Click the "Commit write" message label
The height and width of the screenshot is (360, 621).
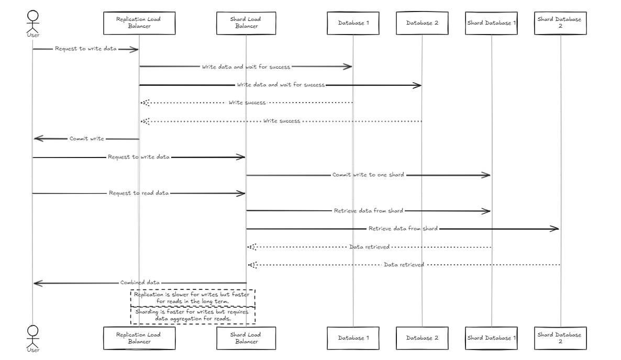87,139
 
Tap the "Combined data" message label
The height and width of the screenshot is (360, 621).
140,283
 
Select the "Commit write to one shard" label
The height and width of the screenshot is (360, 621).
368,175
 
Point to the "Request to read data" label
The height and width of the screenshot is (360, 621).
139,193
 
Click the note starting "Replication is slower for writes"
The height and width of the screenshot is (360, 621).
192,298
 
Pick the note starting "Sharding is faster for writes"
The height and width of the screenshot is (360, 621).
192,315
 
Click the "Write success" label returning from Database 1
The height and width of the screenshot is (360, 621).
247,103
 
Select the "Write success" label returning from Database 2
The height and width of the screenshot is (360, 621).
282,121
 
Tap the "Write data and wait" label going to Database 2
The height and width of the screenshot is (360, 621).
281,85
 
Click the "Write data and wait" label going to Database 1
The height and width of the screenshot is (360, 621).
246,67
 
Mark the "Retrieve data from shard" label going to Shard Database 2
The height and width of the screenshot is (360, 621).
403,229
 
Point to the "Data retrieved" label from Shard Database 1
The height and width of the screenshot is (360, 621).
369,246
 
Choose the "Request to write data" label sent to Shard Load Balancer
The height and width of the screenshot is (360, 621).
139,157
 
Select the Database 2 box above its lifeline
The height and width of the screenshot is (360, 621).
422,23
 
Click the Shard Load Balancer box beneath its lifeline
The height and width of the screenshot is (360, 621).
246,338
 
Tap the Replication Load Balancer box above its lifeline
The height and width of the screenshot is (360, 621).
139,23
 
